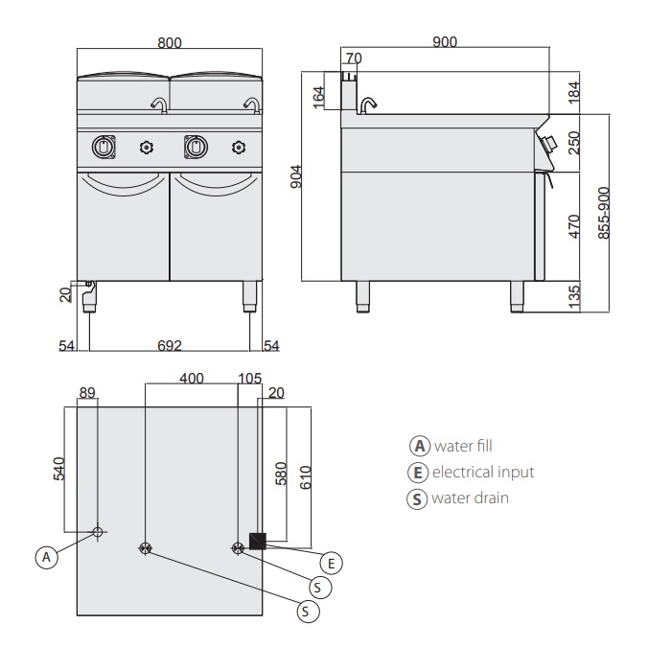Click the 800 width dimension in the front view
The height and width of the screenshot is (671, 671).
pos(169,42)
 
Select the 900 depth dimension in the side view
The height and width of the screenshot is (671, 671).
pos(444,41)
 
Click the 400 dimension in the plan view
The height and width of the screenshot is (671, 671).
pos(192,378)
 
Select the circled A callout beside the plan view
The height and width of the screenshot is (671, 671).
pos(45,556)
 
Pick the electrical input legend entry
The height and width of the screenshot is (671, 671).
pos(471,472)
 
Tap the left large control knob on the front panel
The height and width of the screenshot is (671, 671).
pos(104,146)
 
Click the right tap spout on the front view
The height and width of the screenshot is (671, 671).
pos(252,104)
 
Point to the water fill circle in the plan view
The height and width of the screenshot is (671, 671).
pos(98,531)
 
